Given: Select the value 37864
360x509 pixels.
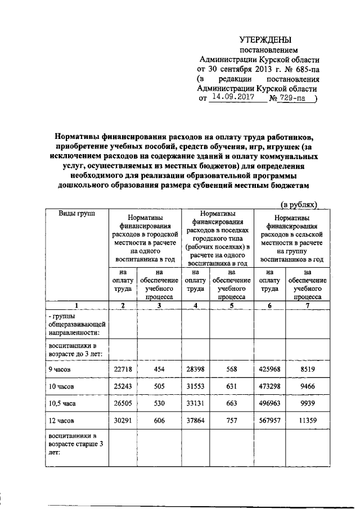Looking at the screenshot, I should pos(195,420).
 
